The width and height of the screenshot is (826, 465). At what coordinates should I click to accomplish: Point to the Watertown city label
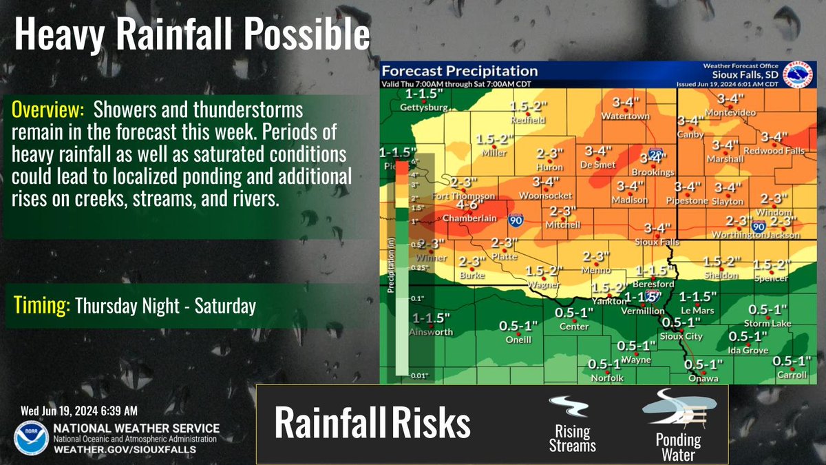[x=626, y=116]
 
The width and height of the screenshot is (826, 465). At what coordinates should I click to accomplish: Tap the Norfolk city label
[x=606, y=378]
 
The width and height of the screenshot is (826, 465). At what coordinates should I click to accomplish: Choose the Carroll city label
[x=790, y=375]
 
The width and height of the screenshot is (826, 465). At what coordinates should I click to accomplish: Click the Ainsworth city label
[x=432, y=331]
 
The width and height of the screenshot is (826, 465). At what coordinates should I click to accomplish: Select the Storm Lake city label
[x=767, y=323]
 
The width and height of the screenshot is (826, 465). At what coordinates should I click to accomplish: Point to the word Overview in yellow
[x=47, y=110]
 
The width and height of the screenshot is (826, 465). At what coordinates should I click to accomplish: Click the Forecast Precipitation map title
[x=459, y=70]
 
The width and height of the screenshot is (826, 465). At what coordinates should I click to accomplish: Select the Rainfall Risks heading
[x=372, y=424]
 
